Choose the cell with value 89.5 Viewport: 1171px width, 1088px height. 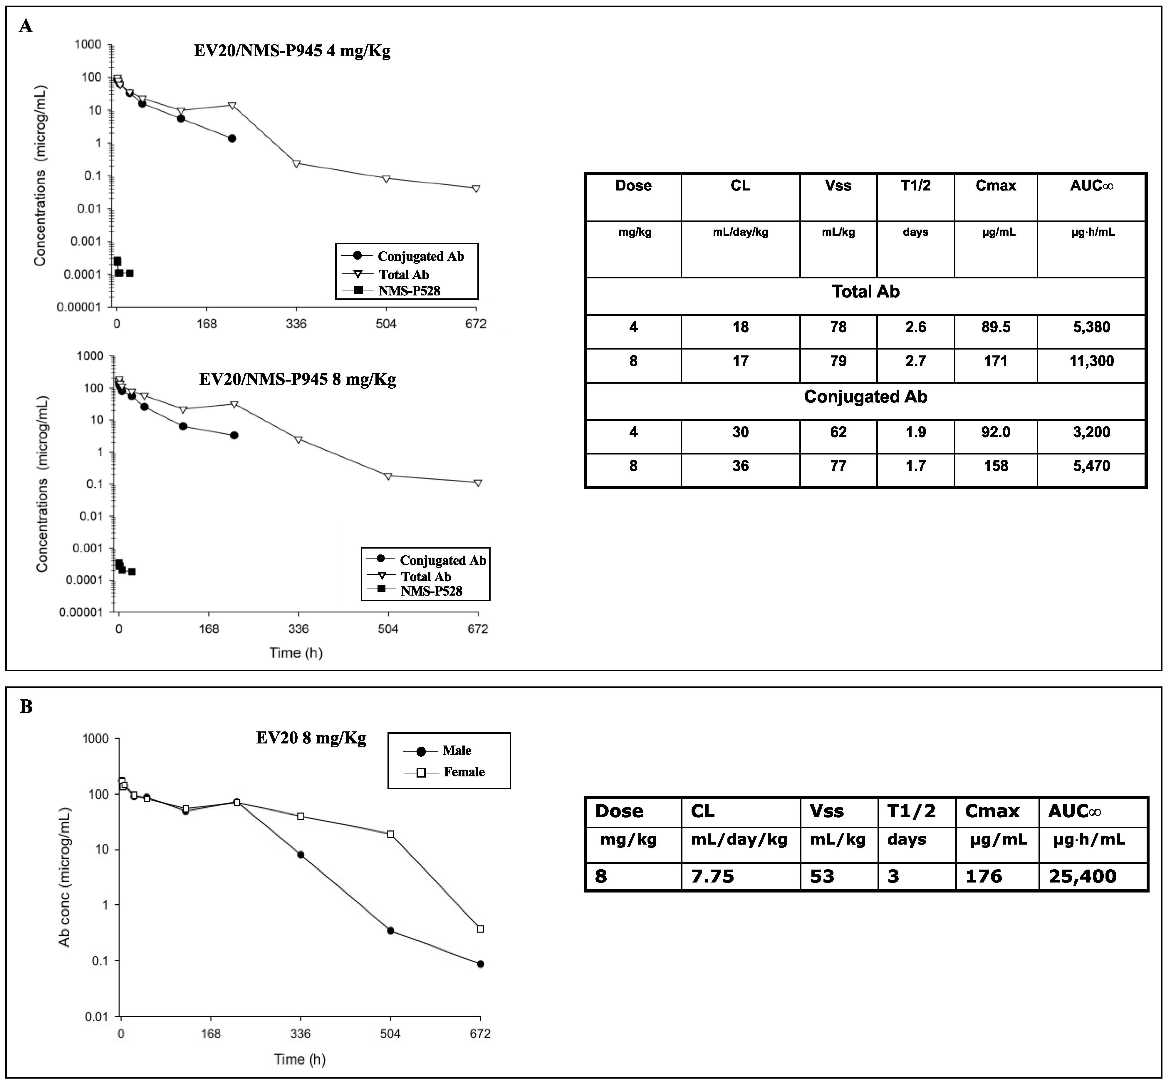pyautogui.click(x=996, y=327)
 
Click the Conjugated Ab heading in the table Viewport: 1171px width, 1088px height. pyautogui.click(x=865, y=397)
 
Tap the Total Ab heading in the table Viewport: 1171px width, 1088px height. pyautogui.click(x=865, y=292)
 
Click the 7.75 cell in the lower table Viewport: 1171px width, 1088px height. pyautogui.click(x=713, y=877)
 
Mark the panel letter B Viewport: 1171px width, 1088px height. pyautogui.click(x=26, y=706)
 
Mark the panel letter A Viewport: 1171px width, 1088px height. pyautogui.click(x=26, y=26)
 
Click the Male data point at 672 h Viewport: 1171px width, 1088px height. pyautogui.click(x=481, y=964)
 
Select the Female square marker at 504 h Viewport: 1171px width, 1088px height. pyautogui.click(x=391, y=834)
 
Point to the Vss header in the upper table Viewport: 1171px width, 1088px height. pyautogui.click(x=838, y=186)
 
